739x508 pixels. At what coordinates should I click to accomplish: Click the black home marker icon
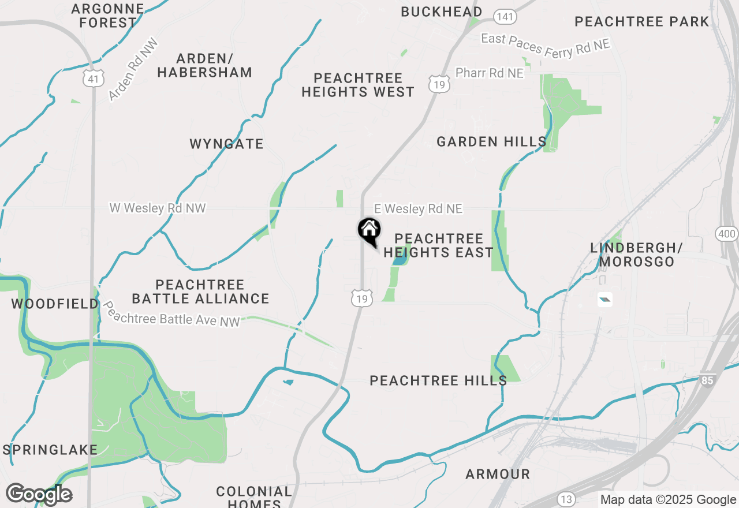click(369, 230)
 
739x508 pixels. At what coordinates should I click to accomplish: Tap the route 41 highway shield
click(93, 78)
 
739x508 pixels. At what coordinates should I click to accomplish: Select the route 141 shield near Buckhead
click(505, 17)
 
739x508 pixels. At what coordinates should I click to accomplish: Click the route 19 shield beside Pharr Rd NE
click(439, 84)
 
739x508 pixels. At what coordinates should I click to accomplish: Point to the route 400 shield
click(726, 234)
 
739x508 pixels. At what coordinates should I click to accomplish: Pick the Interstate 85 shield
click(707, 380)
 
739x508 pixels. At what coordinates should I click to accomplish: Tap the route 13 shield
click(566, 498)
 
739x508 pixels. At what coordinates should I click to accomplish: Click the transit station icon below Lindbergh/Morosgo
click(604, 299)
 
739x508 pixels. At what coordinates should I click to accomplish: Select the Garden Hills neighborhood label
click(491, 141)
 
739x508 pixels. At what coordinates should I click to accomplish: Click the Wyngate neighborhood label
click(226, 144)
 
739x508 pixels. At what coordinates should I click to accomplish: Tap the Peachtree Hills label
click(438, 380)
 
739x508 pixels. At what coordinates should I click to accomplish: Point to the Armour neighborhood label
click(498, 474)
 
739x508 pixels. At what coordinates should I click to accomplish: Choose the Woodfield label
click(55, 304)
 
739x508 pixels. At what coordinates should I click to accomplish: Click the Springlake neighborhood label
click(50, 450)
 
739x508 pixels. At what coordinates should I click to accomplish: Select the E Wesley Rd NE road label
click(418, 209)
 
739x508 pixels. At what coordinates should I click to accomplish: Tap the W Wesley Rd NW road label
click(158, 208)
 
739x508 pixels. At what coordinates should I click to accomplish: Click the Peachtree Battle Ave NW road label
click(171, 314)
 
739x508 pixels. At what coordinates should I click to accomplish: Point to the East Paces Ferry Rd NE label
click(546, 46)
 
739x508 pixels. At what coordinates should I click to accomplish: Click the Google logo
click(39, 494)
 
